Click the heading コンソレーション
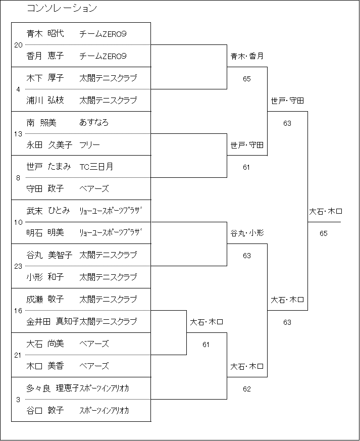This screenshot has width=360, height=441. [62, 8]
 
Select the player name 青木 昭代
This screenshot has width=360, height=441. [45, 33]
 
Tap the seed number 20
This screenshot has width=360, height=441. [18, 45]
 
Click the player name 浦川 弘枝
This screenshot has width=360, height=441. [45, 100]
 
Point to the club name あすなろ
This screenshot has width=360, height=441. [94, 122]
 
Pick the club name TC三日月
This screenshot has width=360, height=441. [96, 167]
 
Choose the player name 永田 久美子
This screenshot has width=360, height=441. [49, 144]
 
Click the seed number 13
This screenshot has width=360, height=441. [18, 134]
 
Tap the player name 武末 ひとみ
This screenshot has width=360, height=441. [48, 211]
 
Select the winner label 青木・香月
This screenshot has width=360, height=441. [247, 56]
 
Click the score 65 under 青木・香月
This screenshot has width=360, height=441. [247, 79]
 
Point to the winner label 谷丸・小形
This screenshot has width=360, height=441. [247, 233]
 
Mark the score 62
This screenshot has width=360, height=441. [247, 389]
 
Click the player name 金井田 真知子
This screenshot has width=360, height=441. [53, 321]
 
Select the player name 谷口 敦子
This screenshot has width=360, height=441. [45, 410]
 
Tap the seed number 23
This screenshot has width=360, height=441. [18, 266]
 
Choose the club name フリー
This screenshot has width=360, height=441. [90, 144]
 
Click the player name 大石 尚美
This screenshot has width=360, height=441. [45, 344]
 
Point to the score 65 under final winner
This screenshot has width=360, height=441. [324, 233]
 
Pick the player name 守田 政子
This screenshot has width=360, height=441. [45, 188]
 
